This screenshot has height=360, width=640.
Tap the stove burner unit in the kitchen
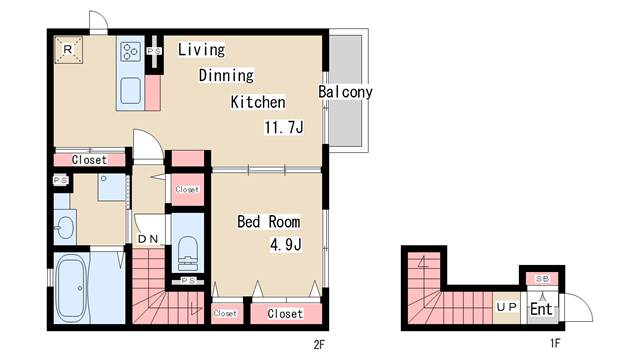131,50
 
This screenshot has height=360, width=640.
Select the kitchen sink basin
132,91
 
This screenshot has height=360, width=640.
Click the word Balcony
345,92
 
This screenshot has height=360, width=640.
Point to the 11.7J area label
285,127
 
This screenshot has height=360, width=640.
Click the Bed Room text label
268,221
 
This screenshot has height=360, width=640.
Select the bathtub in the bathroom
72,289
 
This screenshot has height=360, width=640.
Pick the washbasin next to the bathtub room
63,226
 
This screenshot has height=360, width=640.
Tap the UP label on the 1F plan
506,307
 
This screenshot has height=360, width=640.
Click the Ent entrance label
540,309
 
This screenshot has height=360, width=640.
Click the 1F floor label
555,343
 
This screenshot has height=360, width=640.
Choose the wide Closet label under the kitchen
89,159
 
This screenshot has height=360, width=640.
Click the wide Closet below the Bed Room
284,313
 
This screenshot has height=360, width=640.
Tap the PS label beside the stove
154,51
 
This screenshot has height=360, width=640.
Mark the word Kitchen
258,102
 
